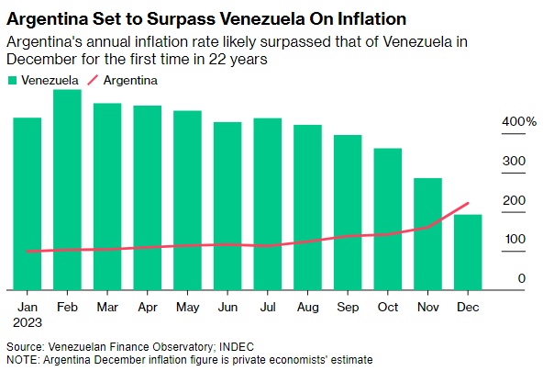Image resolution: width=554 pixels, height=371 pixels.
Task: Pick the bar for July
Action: (x=267, y=202)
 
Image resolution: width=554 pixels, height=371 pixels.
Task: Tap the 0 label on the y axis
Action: (x=521, y=278)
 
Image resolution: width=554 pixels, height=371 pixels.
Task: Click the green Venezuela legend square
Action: (x=10, y=81)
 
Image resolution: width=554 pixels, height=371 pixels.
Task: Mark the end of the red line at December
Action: (x=468, y=203)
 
